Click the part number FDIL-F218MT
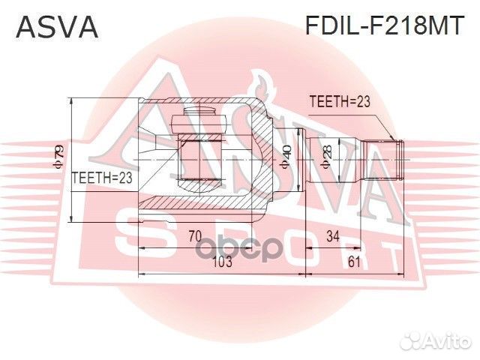383,27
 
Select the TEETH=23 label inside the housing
101,178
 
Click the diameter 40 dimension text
286,158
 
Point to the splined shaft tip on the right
399,159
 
